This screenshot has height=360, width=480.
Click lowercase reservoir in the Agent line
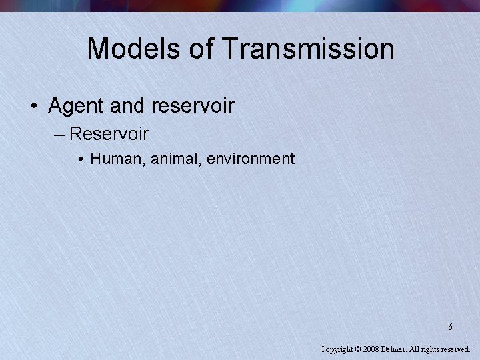point(193,105)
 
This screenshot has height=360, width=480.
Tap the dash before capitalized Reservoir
point(57,134)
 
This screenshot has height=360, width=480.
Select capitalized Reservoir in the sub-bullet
point(109,133)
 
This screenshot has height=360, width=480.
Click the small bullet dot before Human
point(80,159)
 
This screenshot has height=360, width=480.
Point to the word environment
point(251,159)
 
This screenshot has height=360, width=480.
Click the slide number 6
point(450,327)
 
